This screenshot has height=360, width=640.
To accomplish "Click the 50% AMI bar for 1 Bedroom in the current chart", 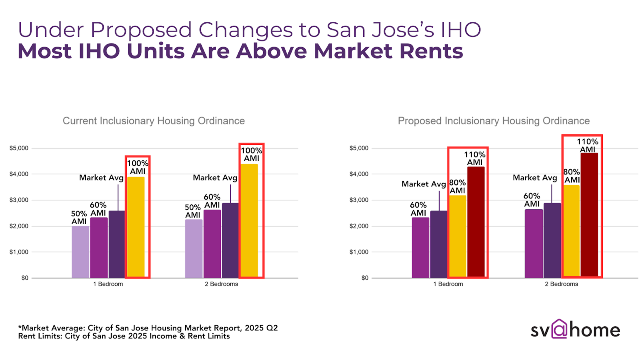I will [x=80, y=252].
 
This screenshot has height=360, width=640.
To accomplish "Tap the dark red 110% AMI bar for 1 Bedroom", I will [x=476, y=222].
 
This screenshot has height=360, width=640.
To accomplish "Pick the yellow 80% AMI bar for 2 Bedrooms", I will [x=572, y=231].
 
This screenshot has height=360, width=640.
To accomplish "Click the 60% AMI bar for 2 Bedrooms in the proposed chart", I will [x=534, y=244].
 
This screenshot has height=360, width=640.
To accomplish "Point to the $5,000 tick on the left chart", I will [x=19, y=148].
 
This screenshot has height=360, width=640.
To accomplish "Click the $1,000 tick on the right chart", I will [x=359, y=252].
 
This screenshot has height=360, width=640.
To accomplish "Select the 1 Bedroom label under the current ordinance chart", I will [x=108, y=284].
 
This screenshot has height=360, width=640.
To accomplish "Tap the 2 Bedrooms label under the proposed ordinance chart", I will [x=561, y=284].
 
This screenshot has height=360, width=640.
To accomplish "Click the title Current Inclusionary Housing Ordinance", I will [x=154, y=121].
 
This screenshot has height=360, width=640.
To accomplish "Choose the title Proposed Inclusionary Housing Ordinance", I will [x=494, y=121].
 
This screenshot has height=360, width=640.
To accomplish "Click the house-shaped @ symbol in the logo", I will [x=559, y=329].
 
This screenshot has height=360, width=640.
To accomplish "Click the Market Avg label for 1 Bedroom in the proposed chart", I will [x=423, y=184].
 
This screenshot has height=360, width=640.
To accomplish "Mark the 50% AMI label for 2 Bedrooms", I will [x=192, y=211].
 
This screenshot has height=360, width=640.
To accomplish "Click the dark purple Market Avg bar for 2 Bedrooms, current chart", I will [x=230, y=240].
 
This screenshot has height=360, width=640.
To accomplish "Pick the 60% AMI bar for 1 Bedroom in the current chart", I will [x=99, y=248].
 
